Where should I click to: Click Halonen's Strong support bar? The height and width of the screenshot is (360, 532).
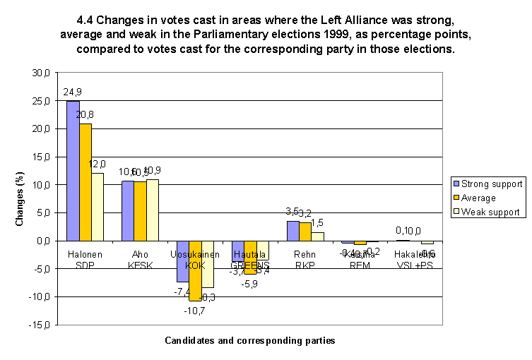click(73, 171)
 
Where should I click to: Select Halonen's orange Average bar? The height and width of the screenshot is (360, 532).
click(85, 182)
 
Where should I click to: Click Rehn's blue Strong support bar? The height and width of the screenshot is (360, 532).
click(293, 231)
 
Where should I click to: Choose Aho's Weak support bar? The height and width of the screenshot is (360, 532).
click(153, 210)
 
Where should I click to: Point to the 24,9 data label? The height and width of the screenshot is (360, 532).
click(72, 92)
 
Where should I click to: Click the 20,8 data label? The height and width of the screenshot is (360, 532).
click(85, 115)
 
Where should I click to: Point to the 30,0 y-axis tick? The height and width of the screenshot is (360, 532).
click(42, 73)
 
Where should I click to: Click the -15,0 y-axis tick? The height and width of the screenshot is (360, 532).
click(40, 325)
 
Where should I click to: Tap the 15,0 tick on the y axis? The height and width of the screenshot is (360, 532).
click(42, 157)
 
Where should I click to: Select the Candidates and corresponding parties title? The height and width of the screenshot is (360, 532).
click(249, 340)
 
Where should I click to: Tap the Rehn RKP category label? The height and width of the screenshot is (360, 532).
click(305, 258)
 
